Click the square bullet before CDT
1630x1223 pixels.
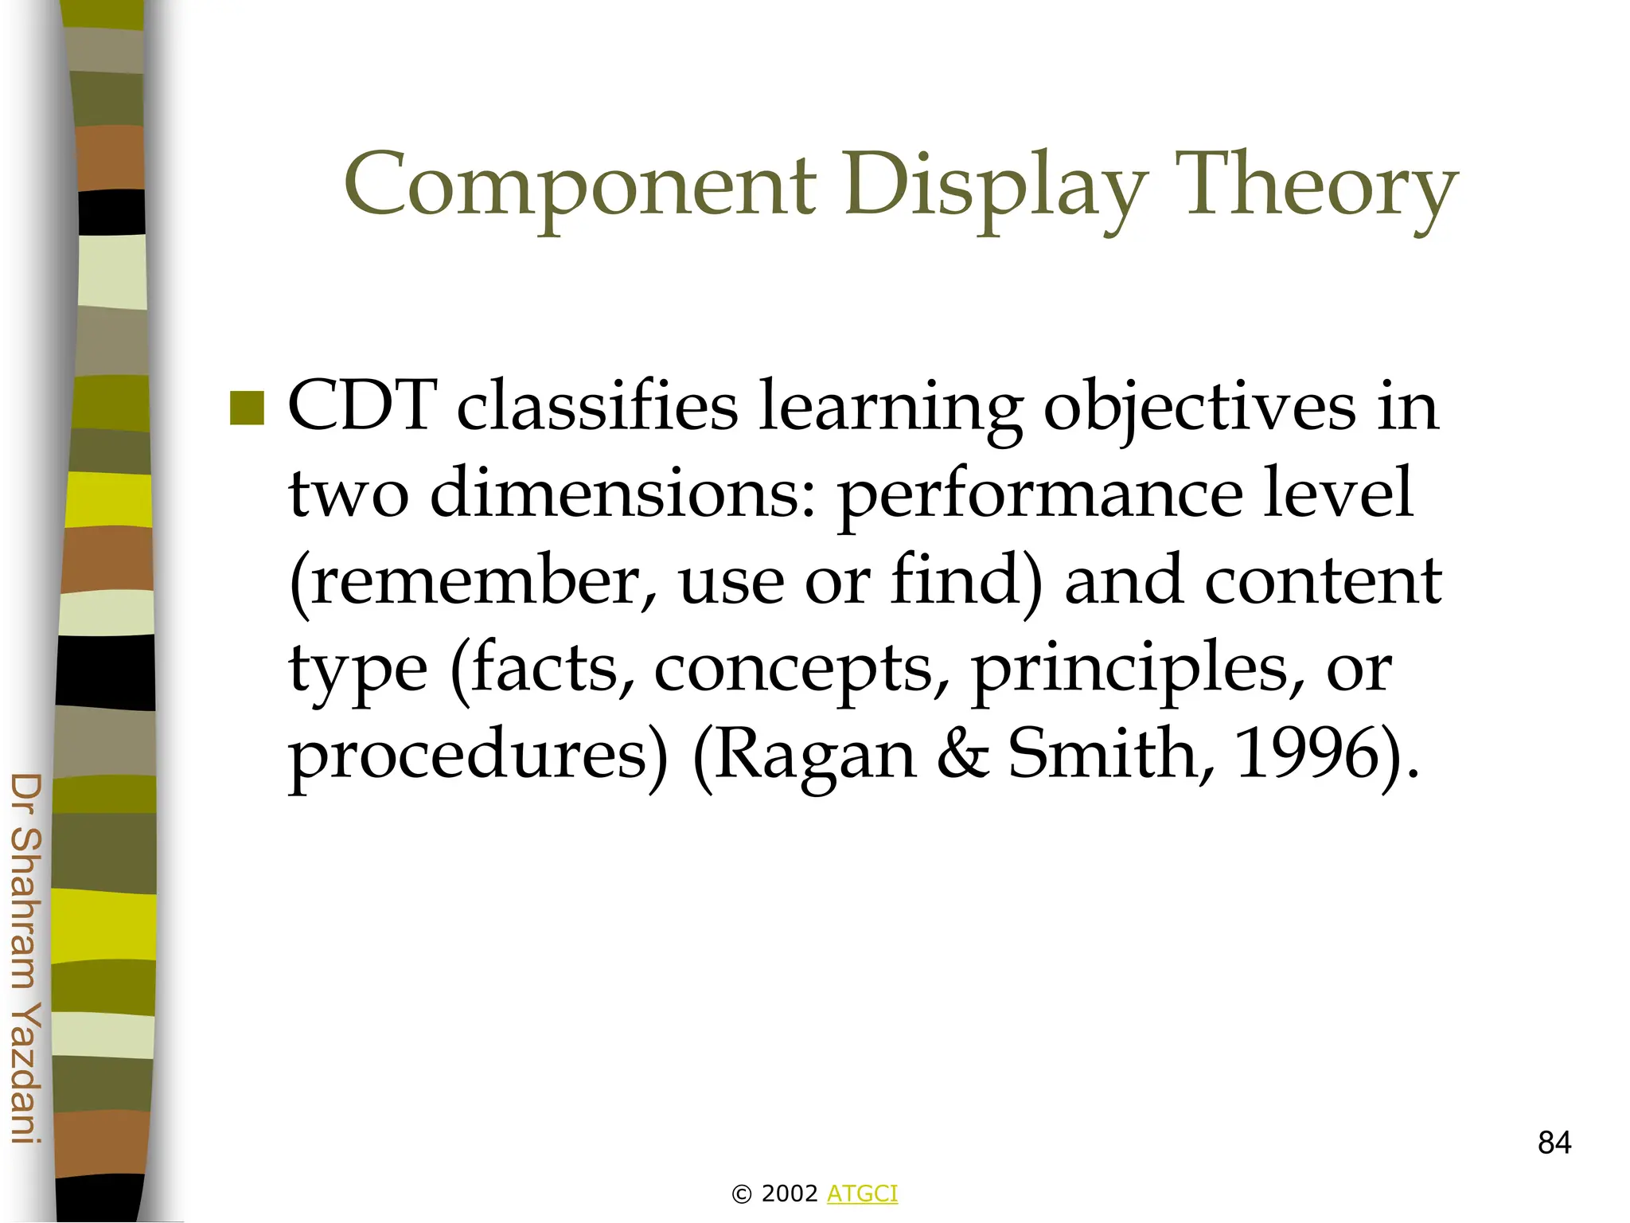point(247,408)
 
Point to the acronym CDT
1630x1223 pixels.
point(362,406)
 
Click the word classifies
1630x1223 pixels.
point(597,406)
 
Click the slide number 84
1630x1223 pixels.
point(1554,1143)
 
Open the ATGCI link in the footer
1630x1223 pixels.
point(862,1194)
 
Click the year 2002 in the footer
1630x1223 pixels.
point(789,1194)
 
